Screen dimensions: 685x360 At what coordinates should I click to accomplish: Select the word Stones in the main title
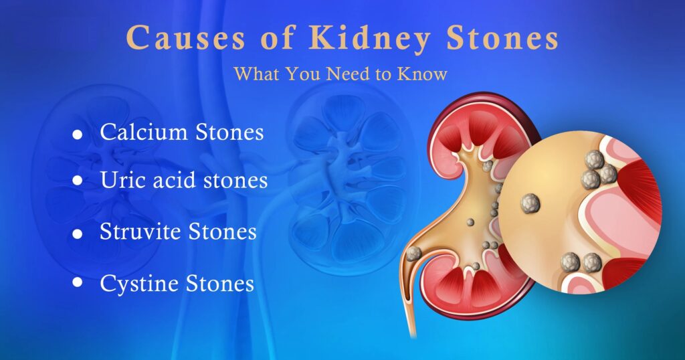click(x=502, y=37)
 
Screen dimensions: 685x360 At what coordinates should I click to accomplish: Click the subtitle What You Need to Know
click(x=340, y=74)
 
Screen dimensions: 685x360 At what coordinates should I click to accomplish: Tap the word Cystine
click(x=139, y=284)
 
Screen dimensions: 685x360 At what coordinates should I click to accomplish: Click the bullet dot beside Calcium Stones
click(x=78, y=134)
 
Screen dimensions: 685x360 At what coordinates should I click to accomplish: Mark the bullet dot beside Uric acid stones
click(x=78, y=181)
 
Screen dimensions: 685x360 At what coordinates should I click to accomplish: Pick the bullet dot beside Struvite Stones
click(x=78, y=234)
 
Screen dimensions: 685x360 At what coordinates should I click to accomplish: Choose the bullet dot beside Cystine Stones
click(x=78, y=282)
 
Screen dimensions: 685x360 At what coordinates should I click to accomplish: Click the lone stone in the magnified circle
click(x=530, y=203)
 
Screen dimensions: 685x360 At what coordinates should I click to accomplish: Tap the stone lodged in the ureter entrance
click(x=413, y=254)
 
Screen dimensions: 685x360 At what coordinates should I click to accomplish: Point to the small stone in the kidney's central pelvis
click(x=470, y=222)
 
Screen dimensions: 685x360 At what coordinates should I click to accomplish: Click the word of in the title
click(x=278, y=37)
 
